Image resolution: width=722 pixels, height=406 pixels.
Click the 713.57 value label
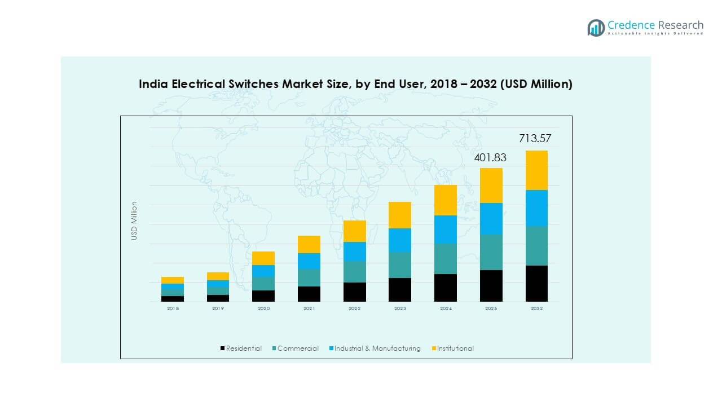click(535, 139)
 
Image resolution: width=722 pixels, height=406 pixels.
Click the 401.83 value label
click(490, 158)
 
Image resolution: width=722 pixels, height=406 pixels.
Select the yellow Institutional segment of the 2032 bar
click(536, 170)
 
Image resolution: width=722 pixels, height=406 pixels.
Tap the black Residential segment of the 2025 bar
click(491, 286)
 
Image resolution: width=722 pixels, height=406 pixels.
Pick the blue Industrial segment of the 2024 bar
click(445, 230)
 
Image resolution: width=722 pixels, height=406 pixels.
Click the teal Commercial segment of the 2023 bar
click(399, 265)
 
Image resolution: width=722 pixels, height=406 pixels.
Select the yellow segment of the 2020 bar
click(263, 258)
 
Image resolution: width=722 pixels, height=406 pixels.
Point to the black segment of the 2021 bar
click(309, 294)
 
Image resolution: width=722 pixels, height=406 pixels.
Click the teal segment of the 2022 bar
click(354, 272)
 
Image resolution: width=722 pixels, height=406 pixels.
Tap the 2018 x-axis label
click(173, 308)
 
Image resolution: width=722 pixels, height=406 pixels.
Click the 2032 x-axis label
click(536, 308)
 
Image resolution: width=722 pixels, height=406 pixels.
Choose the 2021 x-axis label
click(309, 308)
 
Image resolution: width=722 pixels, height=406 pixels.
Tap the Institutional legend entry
click(455, 348)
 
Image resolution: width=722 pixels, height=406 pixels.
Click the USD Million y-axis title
click(134, 221)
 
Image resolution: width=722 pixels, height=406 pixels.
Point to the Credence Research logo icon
click(596, 28)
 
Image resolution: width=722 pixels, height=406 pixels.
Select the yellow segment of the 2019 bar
click(218, 276)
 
